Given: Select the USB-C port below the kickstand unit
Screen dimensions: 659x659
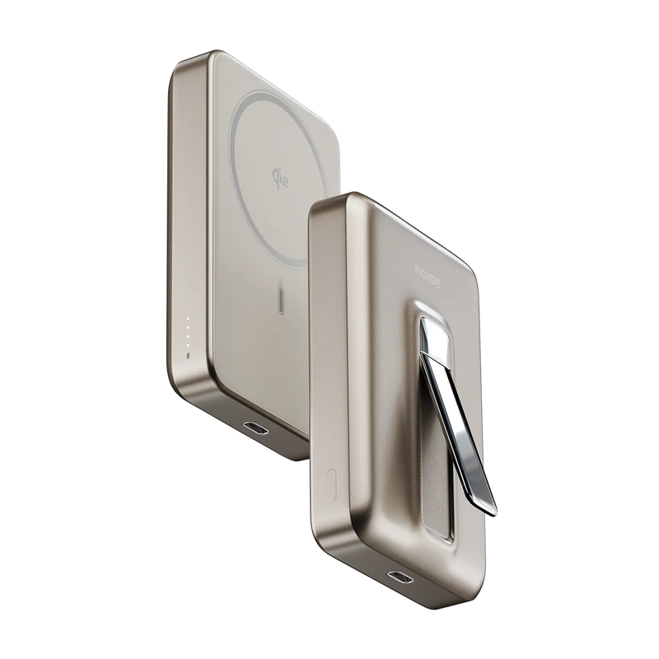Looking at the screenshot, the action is [401, 576].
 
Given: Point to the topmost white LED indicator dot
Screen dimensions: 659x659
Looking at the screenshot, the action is [188, 319].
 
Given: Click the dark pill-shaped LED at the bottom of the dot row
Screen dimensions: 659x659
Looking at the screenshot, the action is [188, 357].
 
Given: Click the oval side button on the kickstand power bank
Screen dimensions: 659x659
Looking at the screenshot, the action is [332, 485].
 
